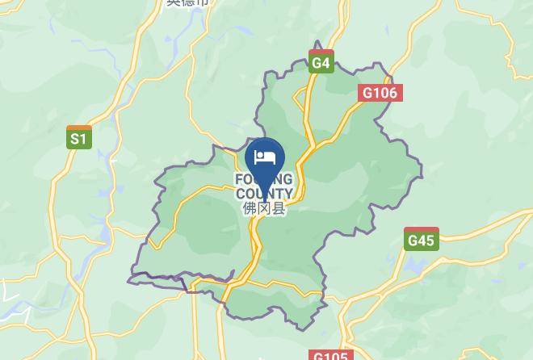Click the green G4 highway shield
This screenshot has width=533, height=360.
[x=321, y=61]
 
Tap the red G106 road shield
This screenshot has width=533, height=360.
[x=380, y=93]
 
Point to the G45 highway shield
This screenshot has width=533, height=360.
[x=421, y=239]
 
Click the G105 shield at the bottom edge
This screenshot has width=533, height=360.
[x=329, y=355]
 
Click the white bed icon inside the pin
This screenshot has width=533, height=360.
[x=265, y=157]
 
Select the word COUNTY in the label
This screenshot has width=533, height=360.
[x=264, y=194]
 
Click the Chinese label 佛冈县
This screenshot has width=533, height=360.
[x=264, y=208]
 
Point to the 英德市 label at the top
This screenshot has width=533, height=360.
[x=187, y=2]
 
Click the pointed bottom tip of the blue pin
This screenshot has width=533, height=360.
[x=265, y=197]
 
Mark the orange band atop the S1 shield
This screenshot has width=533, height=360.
[x=78, y=128]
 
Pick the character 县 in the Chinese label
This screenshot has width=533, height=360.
[x=279, y=208]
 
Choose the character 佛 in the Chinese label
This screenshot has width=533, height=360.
[x=250, y=208]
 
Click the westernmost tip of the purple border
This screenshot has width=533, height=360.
[x=129, y=280]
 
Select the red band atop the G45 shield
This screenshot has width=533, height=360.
[x=421, y=229]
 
